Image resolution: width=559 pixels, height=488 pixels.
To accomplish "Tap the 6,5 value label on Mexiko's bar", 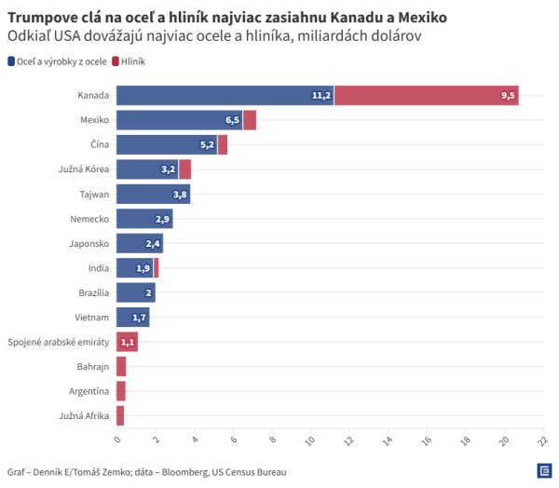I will click(x=233, y=120).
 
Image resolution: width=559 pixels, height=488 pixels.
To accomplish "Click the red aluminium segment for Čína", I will click(x=223, y=144).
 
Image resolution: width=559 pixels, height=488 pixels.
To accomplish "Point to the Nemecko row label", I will click(x=90, y=219).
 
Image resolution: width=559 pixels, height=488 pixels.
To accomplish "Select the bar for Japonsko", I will click(x=139, y=243).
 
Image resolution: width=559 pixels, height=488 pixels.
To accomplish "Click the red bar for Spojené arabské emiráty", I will click(x=127, y=342).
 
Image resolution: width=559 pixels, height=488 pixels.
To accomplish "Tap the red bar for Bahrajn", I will click(x=121, y=366).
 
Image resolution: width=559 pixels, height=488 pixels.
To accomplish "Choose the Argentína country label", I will click(x=89, y=391).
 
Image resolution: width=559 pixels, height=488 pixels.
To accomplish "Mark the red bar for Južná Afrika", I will click(x=120, y=415).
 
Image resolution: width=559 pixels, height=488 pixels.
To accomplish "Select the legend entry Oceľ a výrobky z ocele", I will click(x=58, y=61).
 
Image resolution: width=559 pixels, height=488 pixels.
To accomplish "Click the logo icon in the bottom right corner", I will click(x=542, y=471).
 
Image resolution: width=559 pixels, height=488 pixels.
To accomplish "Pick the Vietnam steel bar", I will click(x=132, y=317).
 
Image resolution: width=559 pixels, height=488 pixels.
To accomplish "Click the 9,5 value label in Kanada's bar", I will click(x=508, y=96).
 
